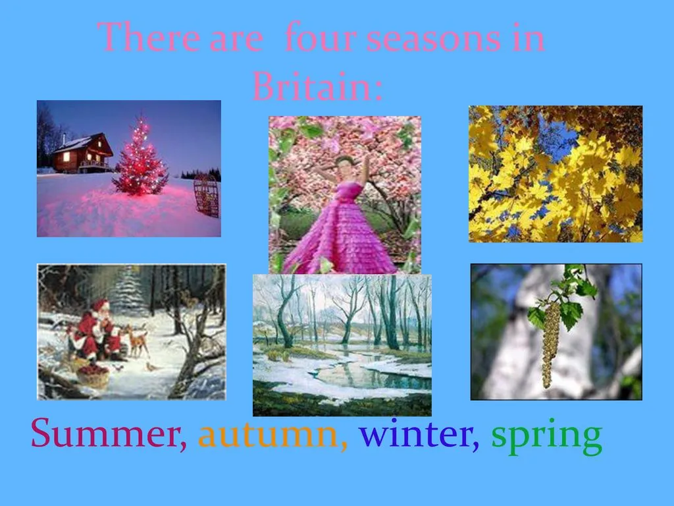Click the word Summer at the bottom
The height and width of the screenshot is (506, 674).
(109, 434)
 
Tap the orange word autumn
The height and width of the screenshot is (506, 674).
(272, 435)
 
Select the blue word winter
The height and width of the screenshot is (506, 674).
(419, 434)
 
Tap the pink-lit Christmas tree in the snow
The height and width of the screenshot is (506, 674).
(140, 157)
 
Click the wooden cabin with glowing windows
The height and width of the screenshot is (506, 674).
(82, 153)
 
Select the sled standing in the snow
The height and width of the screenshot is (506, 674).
(206, 196)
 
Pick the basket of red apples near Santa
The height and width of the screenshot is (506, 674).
(93, 376)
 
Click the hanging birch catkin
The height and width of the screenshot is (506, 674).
(550, 344)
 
